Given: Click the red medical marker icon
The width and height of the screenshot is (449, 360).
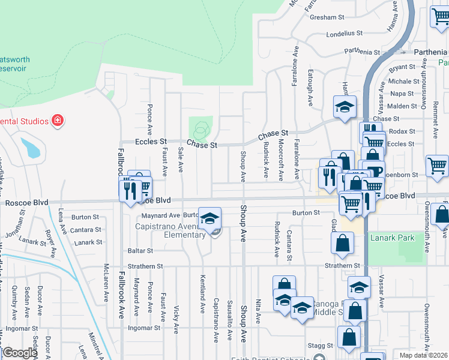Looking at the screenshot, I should (x=58, y=121).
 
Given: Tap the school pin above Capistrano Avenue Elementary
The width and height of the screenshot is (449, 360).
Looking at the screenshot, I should (x=209, y=219).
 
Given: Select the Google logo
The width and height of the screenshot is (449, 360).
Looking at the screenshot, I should (x=19, y=353).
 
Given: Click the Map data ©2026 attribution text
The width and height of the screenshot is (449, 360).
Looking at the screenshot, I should (x=423, y=355).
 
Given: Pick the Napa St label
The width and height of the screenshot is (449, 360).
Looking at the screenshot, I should (x=402, y=94).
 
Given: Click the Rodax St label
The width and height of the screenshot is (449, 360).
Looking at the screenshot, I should (x=402, y=131).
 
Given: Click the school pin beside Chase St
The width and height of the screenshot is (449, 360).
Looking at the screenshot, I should (x=345, y=107).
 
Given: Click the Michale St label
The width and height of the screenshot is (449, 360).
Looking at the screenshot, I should (x=404, y=81).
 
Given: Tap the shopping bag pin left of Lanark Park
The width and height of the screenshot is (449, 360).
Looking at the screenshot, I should (x=342, y=243).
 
